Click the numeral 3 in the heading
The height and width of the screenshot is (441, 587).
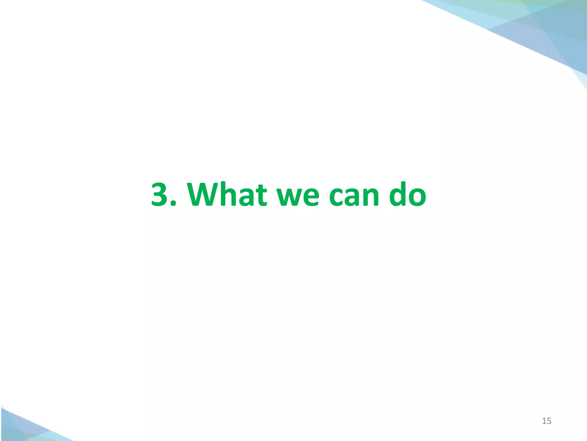[x=161, y=194]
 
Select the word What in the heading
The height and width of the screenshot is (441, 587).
[x=227, y=194]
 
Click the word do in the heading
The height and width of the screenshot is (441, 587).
[x=407, y=194]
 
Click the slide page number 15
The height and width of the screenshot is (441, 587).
[x=547, y=421]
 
